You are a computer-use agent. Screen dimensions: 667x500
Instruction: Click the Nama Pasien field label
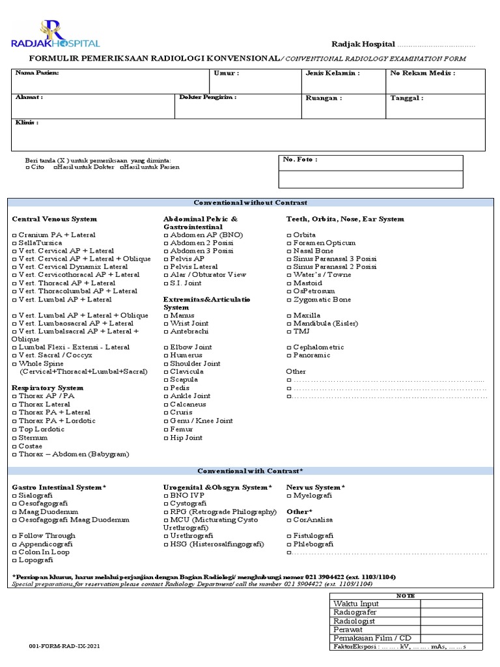pos(37,73)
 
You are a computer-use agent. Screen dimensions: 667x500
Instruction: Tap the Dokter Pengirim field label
pos(208,97)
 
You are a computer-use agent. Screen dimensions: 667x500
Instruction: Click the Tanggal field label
pos(406,98)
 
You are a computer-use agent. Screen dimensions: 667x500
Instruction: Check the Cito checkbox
pos(27,167)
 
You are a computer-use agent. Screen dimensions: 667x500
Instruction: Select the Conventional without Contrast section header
pos(250,203)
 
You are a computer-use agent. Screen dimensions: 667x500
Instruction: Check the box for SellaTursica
pos(14,243)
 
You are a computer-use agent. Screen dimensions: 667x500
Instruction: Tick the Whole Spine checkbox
pos(14,363)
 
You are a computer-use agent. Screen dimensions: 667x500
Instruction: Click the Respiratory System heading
pos(48,388)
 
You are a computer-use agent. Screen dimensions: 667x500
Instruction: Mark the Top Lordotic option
pos(14,430)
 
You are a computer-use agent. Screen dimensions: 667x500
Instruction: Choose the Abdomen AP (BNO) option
pos(165,234)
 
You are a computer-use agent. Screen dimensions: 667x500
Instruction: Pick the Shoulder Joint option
pos(165,363)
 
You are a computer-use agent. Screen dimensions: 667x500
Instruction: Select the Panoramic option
pos(289,356)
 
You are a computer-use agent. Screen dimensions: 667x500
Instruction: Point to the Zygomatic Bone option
pos(289,300)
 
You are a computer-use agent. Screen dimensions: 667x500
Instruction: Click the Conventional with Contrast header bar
pos(250,471)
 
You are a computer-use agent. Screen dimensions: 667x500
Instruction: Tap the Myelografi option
pos(289,496)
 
